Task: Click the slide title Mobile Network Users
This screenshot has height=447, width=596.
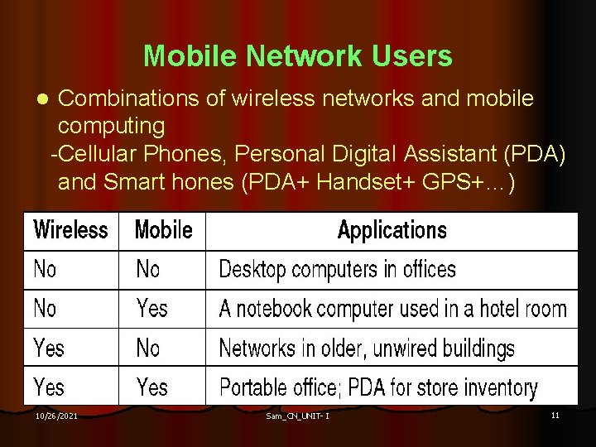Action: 297,56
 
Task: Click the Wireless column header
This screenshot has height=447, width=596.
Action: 70,230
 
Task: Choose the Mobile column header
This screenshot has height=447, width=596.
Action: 163,230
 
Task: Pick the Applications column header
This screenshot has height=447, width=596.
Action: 392,230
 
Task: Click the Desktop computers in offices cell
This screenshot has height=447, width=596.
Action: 337,269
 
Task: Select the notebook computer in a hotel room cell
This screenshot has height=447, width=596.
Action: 392,309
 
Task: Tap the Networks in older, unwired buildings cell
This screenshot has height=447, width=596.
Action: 366,348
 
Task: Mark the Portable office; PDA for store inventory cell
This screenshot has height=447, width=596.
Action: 378,387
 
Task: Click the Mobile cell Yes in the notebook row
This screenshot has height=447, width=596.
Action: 152,309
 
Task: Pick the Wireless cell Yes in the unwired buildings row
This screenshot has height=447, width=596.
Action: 49,348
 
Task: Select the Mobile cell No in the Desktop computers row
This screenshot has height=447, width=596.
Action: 148,269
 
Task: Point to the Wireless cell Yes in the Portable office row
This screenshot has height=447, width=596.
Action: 49,387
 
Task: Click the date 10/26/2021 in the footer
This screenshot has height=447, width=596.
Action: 57,416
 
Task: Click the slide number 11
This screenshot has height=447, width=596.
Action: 555,415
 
